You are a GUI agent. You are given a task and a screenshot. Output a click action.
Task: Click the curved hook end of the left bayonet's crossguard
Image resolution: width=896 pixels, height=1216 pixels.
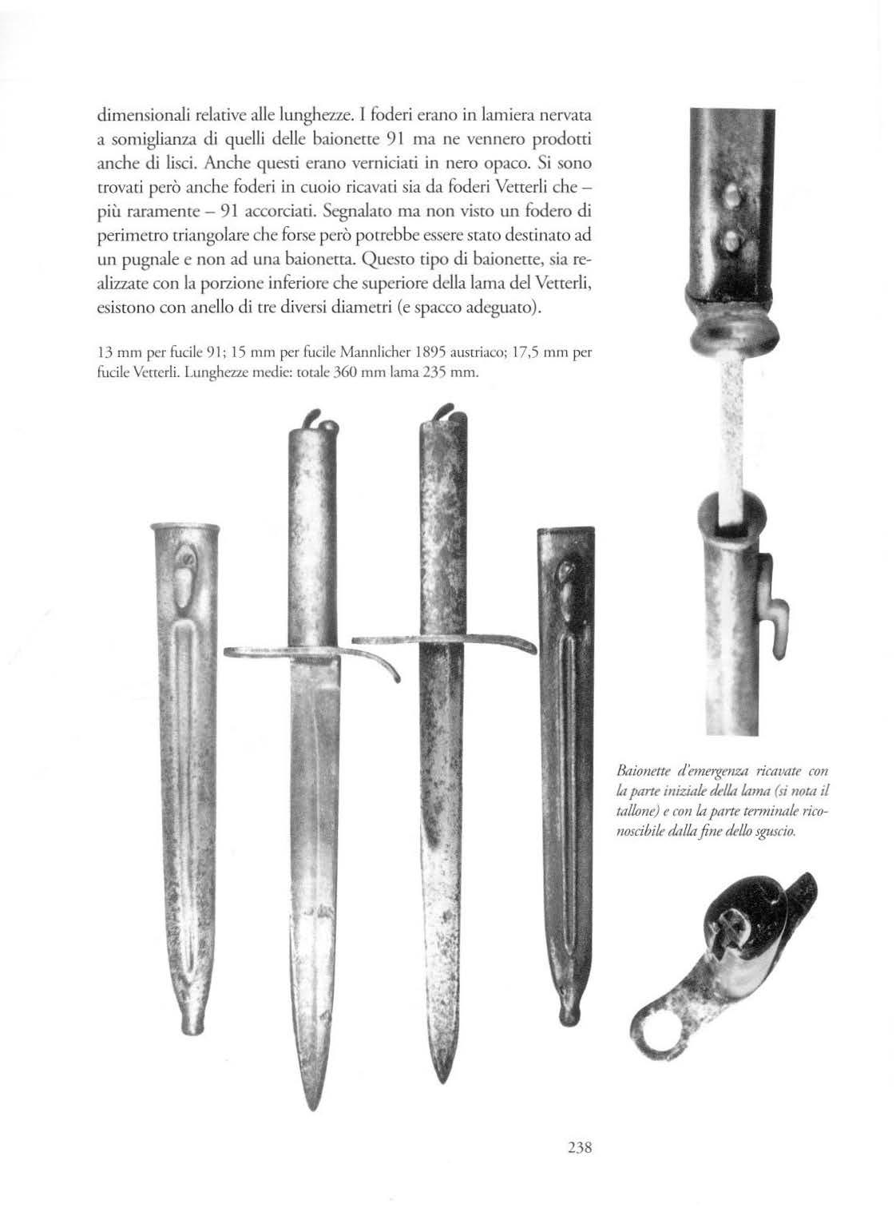pyautogui.click(x=394, y=678)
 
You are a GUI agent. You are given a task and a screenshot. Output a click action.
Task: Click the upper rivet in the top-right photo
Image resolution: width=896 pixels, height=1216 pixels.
pyautogui.click(x=728, y=194)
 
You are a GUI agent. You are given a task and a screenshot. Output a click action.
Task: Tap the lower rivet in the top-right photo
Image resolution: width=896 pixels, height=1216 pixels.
pyautogui.click(x=728, y=236)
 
